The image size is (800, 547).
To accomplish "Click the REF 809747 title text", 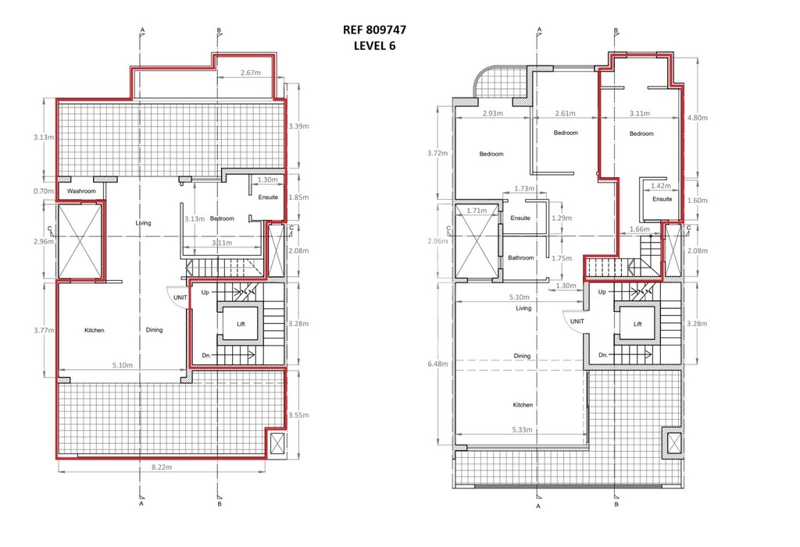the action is click(x=374, y=30).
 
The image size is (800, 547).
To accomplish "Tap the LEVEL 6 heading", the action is click(x=374, y=46).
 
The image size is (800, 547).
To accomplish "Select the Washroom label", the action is click(x=81, y=191).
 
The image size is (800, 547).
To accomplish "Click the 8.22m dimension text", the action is click(x=162, y=467).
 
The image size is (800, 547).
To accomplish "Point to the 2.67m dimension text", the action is click(x=251, y=73).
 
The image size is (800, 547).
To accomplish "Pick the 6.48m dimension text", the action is click(x=438, y=364).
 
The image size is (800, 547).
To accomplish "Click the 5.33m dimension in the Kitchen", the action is click(x=522, y=430).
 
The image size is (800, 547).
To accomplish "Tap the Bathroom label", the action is click(x=521, y=258).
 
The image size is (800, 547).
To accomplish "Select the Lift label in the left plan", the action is click(x=241, y=325).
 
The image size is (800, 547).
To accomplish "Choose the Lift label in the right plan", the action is click(x=637, y=325).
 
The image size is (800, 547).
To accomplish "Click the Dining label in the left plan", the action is click(x=154, y=330).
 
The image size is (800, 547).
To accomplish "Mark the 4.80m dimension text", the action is click(x=698, y=118).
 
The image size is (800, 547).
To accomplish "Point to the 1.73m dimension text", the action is click(x=524, y=189).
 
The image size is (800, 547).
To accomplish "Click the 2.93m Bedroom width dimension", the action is click(x=493, y=114).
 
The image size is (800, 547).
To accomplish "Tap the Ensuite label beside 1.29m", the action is click(x=520, y=218).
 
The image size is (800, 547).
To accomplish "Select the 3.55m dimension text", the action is click(x=298, y=415).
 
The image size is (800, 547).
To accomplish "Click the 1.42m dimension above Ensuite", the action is click(x=661, y=186).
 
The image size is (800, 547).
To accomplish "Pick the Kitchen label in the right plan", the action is click(x=523, y=405).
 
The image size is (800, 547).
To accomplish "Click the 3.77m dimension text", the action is click(x=44, y=330).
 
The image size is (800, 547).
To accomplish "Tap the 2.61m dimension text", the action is click(x=566, y=114).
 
